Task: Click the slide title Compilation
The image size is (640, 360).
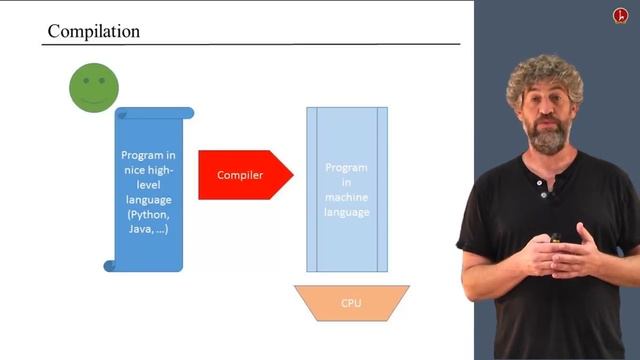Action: tap(94, 31)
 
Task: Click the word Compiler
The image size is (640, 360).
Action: tap(240, 176)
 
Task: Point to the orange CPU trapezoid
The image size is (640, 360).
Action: tap(351, 302)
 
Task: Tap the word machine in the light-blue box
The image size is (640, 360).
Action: tap(346, 197)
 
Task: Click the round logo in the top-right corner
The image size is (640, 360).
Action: tap(620, 16)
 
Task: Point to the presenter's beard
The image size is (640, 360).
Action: tap(549, 140)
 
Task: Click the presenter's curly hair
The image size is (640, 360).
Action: tap(545, 75)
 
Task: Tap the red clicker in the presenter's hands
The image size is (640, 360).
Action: tap(556, 238)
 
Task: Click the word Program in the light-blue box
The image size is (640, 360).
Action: tap(346, 169)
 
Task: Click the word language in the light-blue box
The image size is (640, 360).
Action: tap(346, 212)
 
